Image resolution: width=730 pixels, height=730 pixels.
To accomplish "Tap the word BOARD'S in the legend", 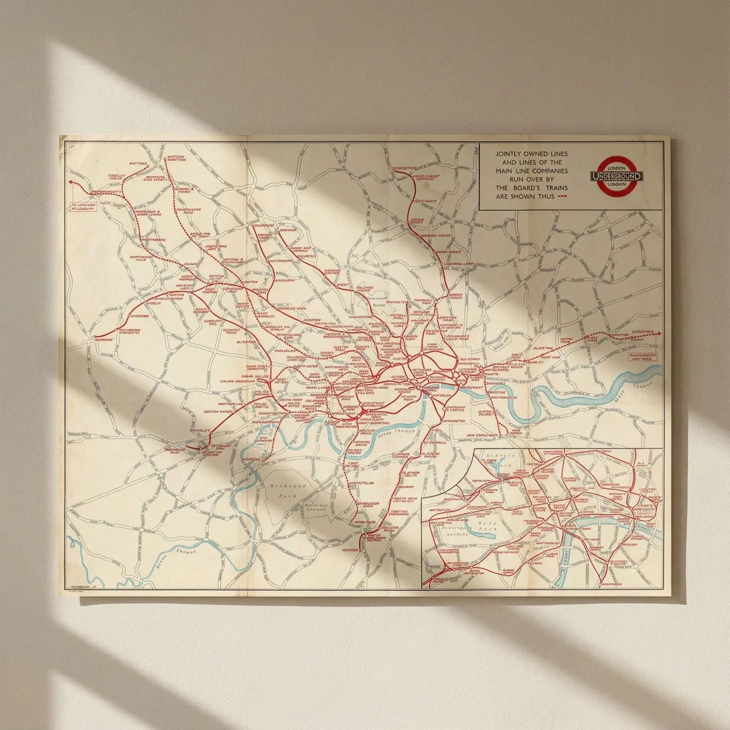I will (x=525, y=188).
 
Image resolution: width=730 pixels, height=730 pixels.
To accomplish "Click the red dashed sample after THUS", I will (x=562, y=197).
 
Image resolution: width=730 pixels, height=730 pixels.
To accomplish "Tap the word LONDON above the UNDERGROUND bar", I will (x=616, y=168).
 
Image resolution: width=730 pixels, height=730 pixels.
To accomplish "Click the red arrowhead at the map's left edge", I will (x=70, y=182).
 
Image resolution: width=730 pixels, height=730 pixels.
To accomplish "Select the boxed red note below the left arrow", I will (x=83, y=207).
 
